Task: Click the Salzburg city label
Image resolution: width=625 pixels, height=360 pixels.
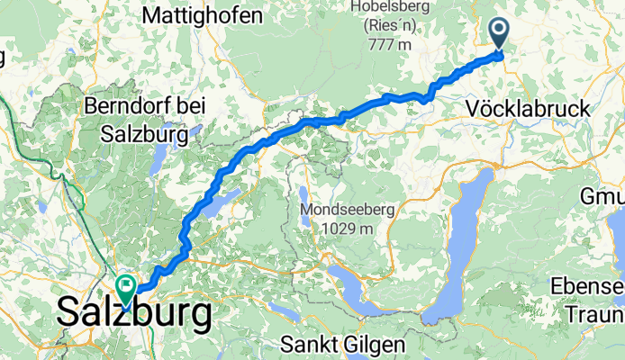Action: click(135, 313)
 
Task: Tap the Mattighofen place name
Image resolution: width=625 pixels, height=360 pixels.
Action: click(203, 15)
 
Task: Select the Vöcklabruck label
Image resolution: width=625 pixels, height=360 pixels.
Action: click(529, 109)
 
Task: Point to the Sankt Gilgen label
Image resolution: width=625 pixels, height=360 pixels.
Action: click(342, 344)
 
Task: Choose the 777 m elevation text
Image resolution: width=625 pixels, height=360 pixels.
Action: click(387, 45)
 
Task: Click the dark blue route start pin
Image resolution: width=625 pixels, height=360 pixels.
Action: click(501, 34)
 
